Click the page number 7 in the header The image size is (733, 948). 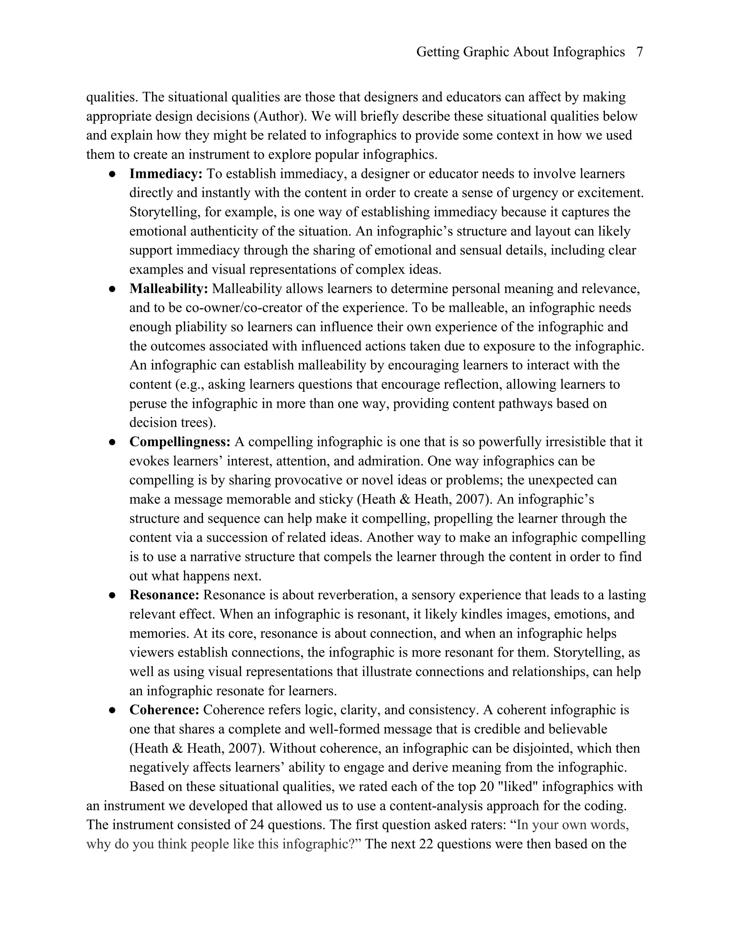click(x=639, y=52)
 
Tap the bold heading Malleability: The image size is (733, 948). click(x=169, y=289)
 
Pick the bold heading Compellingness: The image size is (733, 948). click(x=180, y=442)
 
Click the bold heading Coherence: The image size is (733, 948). click(x=164, y=710)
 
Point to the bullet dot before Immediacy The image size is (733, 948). click(x=112, y=174)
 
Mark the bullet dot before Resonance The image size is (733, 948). click(x=112, y=596)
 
